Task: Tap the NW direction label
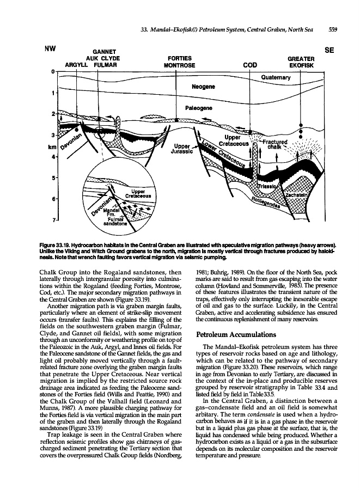click(52, 48)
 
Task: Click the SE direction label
click(328, 49)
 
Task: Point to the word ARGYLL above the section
click(77, 65)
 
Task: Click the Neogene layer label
click(204, 87)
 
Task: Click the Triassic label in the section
click(266, 186)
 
